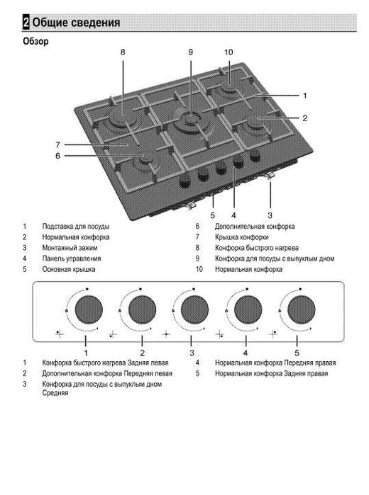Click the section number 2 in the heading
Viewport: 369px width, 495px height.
pos(26,23)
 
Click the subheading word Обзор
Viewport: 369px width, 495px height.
pos(35,41)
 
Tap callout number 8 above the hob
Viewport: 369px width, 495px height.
pos(123,52)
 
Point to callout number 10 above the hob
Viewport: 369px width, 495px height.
pos(228,52)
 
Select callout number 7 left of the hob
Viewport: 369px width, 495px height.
pos(57,145)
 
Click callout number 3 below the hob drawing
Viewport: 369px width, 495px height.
pos(270,215)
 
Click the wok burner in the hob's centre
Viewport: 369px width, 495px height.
pos(190,121)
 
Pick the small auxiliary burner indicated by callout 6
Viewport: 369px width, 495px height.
pos(146,161)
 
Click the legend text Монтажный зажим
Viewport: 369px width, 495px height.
pos(70,248)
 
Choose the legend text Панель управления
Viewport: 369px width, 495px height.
pos(72,258)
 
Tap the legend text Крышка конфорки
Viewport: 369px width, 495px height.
pos(242,237)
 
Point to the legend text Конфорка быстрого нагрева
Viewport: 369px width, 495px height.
pos(257,248)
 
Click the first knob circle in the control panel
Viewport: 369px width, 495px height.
pos(89,309)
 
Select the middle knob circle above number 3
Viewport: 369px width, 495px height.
pos(194,309)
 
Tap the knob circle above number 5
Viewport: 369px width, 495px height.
pos(302,309)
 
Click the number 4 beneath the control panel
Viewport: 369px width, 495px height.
pos(246,353)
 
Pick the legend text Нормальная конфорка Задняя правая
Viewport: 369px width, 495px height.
pos(272,373)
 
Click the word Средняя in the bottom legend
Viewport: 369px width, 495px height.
pos(55,393)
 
